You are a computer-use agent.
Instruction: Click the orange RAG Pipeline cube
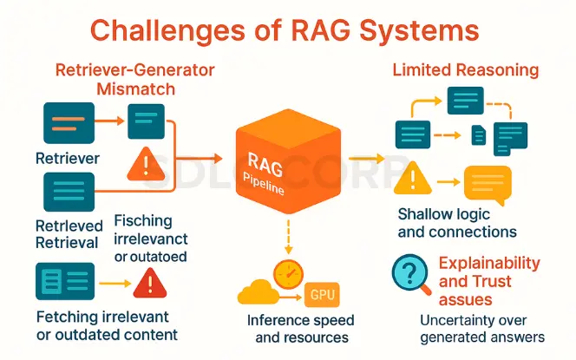click(288, 160)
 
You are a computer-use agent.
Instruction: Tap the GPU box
click(322, 295)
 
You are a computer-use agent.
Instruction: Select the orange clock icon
click(288, 274)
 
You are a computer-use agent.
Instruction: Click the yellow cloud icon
click(259, 292)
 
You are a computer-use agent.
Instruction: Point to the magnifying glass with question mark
click(410, 274)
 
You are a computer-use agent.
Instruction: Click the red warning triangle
click(150, 283)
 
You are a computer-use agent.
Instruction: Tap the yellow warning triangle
click(413, 178)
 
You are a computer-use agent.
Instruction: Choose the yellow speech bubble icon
click(488, 185)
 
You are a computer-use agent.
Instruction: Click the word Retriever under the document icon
click(68, 159)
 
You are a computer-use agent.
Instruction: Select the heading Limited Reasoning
click(466, 69)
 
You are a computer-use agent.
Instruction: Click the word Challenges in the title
click(167, 30)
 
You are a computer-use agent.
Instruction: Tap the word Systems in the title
click(419, 31)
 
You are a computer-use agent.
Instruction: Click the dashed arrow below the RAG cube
click(288, 237)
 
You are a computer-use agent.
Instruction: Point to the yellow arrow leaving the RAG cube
click(366, 159)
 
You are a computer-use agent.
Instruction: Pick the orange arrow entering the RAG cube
click(200, 159)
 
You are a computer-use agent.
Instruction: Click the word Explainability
click(489, 263)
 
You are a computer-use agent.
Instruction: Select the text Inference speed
click(300, 320)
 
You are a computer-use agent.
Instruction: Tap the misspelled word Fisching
click(143, 221)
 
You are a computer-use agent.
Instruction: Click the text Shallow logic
click(444, 214)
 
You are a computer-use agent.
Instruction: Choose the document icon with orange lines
click(69, 123)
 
